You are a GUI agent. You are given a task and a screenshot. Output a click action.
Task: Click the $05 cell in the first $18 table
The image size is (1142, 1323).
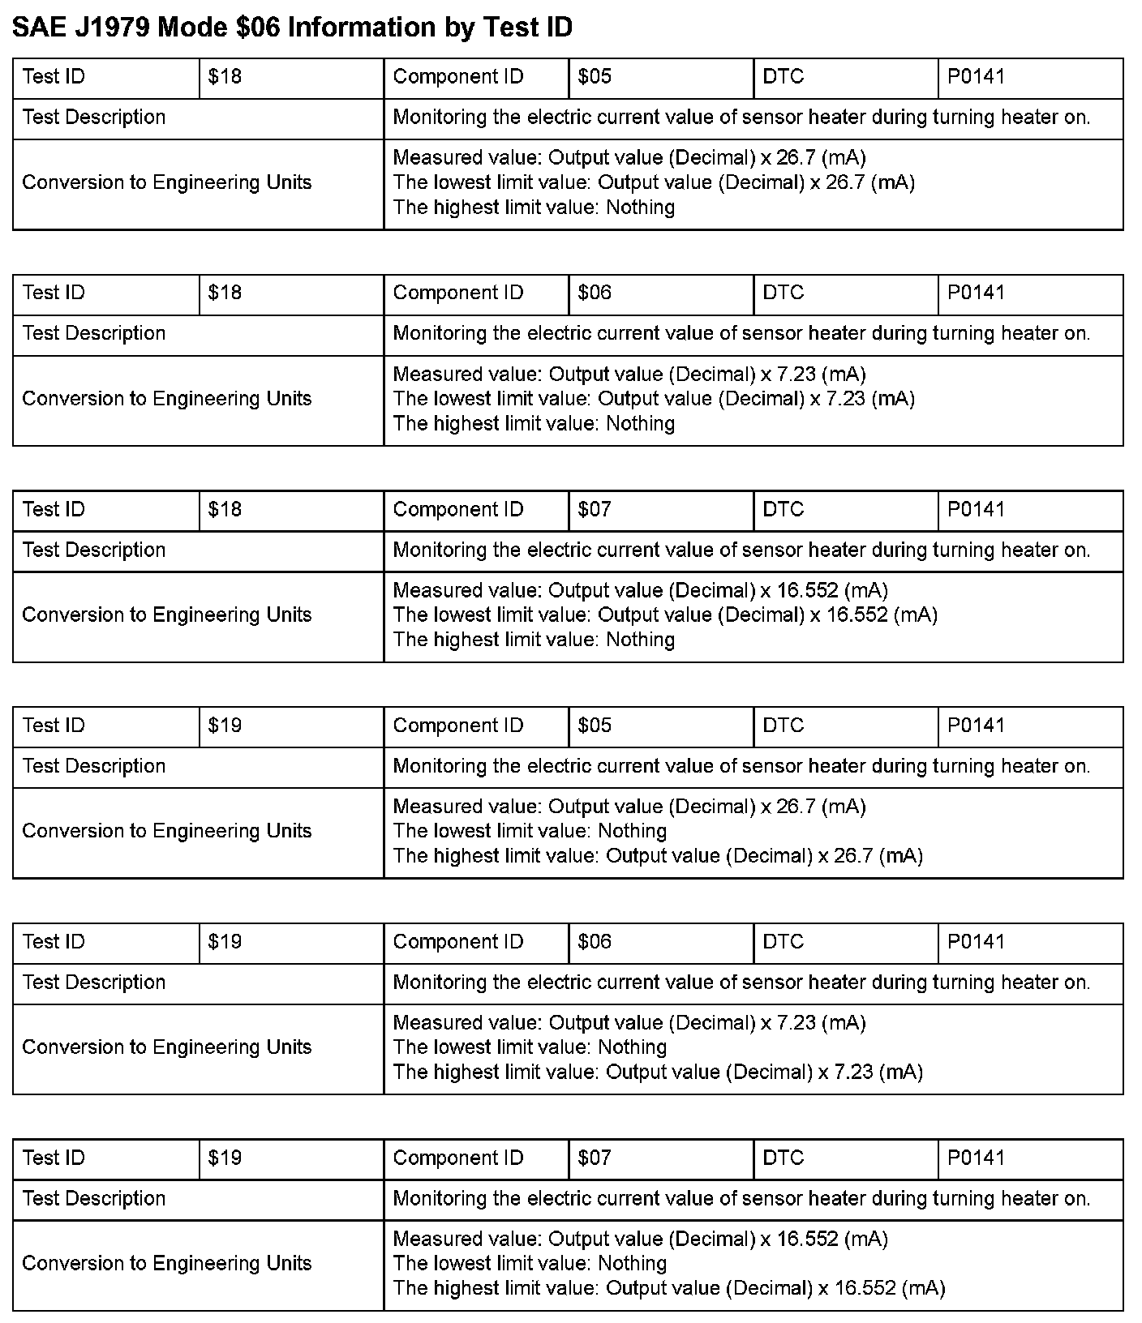click(595, 77)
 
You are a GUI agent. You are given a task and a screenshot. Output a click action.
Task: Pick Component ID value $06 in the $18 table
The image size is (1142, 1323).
click(595, 293)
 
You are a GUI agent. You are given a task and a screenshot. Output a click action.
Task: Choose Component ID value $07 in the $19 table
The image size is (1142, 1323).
click(595, 1158)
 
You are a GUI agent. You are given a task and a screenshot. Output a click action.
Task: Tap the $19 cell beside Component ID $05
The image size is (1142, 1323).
click(225, 726)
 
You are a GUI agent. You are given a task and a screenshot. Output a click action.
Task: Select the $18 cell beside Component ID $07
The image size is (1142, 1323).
click(225, 509)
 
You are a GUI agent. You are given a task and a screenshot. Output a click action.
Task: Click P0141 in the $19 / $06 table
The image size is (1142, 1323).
click(976, 941)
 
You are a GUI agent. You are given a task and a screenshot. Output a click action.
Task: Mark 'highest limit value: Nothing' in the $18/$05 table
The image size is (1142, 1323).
click(534, 208)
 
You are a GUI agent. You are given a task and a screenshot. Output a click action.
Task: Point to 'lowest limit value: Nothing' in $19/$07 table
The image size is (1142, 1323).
click(530, 1263)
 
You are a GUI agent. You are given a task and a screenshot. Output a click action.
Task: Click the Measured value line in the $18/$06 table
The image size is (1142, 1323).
click(629, 375)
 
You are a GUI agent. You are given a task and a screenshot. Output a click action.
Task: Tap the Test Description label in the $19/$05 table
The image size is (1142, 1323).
click(94, 766)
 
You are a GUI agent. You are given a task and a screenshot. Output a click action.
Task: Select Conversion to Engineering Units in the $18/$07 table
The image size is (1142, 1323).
click(167, 614)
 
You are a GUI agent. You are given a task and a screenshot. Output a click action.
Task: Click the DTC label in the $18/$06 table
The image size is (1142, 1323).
click(783, 293)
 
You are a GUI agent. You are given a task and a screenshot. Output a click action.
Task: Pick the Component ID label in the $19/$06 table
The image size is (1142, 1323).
click(458, 941)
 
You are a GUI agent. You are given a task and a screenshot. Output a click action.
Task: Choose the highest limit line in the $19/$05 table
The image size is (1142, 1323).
click(658, 856)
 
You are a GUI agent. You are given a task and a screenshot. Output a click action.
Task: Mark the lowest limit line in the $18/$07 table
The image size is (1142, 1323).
click(665, 614)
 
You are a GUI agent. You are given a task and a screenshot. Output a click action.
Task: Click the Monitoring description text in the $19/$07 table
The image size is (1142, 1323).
click(741, 1198)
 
